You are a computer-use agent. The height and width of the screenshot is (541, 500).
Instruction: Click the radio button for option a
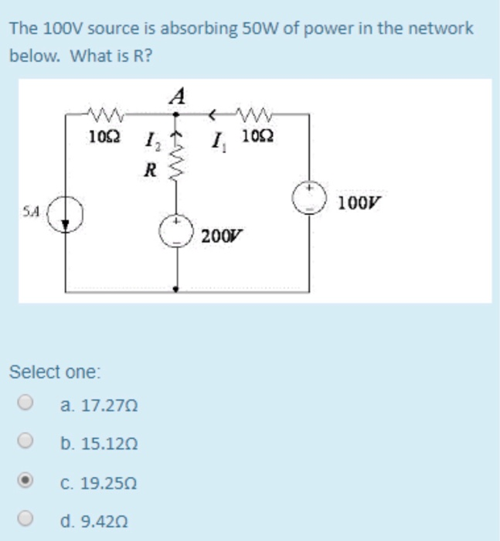tap(26, 403)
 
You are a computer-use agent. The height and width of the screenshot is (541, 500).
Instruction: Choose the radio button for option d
tap(26, 520)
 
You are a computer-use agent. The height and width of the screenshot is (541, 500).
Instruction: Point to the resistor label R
tap(151, 169)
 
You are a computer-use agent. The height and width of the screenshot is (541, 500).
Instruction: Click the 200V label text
tap(219, 236)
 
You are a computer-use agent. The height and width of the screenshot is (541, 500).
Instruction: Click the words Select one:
tap(54, 372)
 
